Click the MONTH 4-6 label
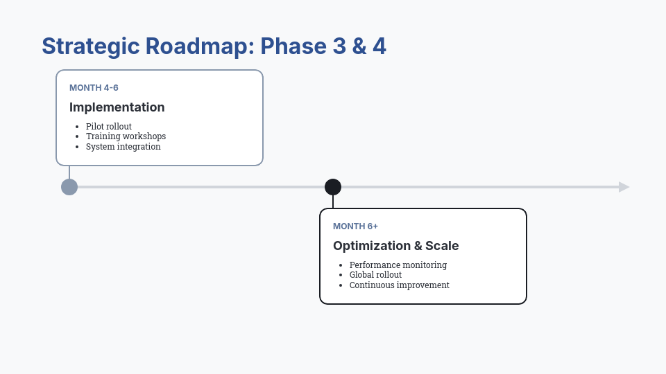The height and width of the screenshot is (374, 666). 94,88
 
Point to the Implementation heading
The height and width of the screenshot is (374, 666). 117,107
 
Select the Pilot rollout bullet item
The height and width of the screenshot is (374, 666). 108,127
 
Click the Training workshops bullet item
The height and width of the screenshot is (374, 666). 126,136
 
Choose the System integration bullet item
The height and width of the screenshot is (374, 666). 123,147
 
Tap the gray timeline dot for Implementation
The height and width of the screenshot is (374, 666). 69,187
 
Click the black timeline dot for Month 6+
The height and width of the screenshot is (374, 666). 333,187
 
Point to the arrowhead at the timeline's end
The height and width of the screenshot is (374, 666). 624,187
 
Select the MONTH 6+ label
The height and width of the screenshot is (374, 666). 355,226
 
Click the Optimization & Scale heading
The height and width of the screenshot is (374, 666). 395,246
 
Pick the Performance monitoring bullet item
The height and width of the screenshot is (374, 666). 398,265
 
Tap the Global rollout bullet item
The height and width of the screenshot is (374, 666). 375,275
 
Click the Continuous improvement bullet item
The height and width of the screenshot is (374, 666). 399,285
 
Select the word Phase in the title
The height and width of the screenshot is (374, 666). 289,46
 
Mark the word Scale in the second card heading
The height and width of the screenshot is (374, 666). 442,246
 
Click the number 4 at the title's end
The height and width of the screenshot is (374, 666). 379,46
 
